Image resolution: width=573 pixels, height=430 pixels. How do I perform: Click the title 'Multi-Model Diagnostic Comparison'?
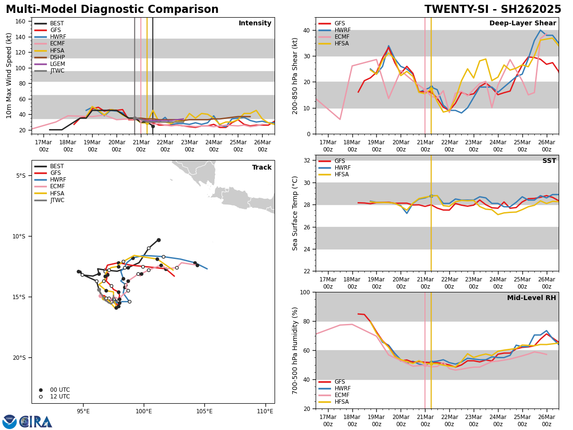click(112, 10)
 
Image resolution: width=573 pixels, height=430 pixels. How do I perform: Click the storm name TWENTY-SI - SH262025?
click(493, 10)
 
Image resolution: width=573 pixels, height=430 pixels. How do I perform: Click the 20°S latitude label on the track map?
click(19, 357)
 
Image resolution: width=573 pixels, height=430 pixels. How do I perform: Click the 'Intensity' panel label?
click(255, 23)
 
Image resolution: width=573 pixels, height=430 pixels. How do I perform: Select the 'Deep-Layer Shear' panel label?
click(522, 23)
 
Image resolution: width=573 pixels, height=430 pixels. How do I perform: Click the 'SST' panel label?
click(549, 161)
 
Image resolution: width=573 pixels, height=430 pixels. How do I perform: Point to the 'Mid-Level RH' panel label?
click(531, 298)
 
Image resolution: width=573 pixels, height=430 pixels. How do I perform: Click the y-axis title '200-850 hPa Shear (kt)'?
click(296, 75)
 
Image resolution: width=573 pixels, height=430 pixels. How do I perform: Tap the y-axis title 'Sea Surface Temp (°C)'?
click(296, 213)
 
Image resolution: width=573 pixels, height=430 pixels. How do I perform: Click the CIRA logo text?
click(36, 422)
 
